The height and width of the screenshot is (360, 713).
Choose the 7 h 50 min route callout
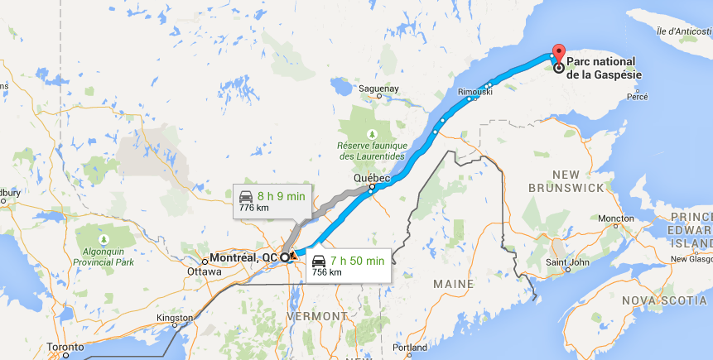(x=347, y=265)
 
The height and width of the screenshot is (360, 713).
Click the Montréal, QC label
(x=243, y=257)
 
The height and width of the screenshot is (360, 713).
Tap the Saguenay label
(x=379, y=88)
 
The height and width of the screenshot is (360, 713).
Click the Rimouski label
(x=475, y=92)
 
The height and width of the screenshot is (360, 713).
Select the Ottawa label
(x=205, y=271)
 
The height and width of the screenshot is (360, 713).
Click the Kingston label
(x=176, y=317)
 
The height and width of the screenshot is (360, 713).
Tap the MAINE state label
(x=453, y=284)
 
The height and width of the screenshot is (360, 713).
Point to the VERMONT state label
(x=317, y=316)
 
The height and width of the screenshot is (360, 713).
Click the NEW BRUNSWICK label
(x=567, y=181)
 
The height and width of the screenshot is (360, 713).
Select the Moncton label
(x=616, y=218)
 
